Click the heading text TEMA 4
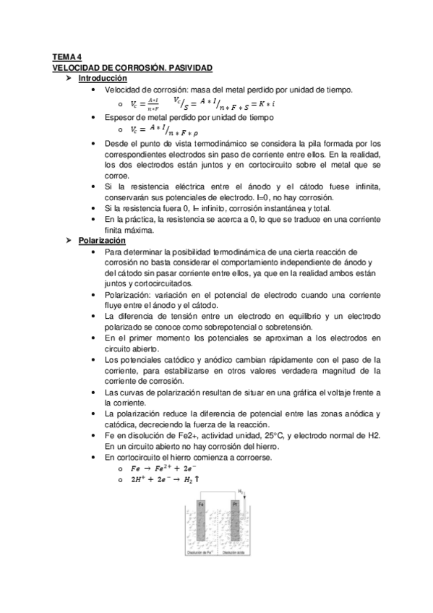(68, 57)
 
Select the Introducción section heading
(102, 77)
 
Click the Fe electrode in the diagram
(200, 525)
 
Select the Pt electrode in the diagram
(234, 525)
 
